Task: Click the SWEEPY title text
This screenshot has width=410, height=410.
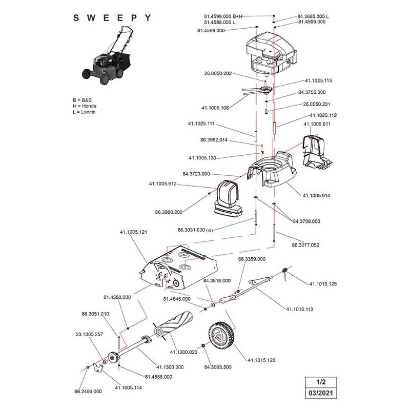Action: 112,17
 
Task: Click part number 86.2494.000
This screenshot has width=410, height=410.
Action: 89,391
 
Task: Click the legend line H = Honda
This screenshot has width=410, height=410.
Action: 85,106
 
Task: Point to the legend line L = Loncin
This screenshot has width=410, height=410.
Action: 85,112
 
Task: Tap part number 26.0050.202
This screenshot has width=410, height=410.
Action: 218,73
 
